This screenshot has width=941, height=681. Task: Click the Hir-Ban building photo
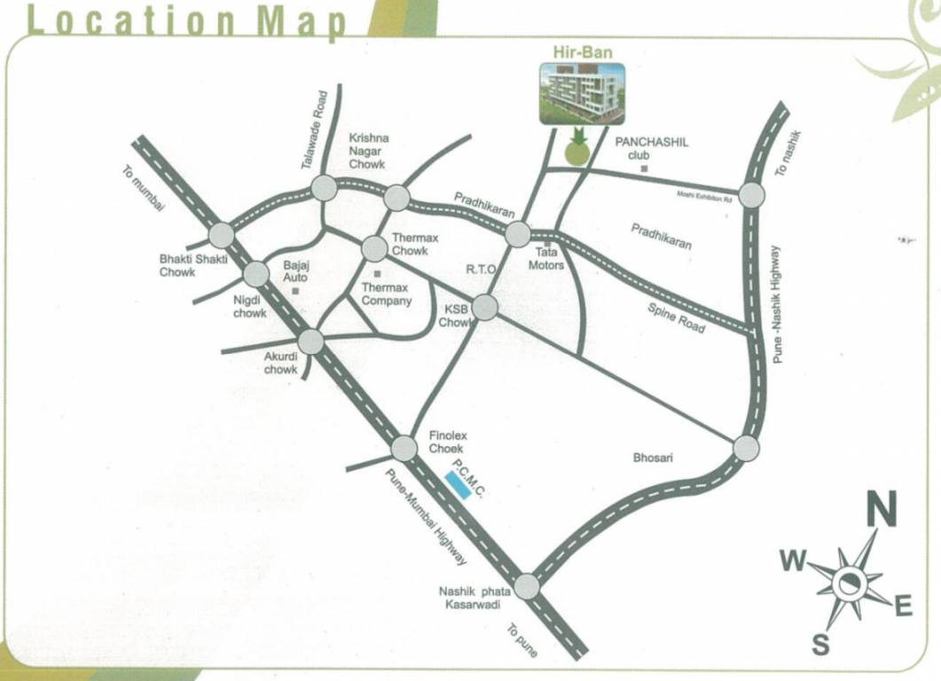(x=582, y=93)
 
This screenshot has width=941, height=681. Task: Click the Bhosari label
(x=654, y=458)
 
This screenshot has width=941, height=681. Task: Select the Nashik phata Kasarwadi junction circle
(x=527, y=586)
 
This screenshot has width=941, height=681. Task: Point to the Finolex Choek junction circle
(x=404, y=448)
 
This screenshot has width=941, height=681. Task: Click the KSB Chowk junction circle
(x=485, y=307)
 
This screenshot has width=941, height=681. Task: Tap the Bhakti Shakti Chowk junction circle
(x=221, y=235)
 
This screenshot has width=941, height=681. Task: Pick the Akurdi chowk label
(x=281, y=363)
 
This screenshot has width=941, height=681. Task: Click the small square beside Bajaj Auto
(x=295, y=290)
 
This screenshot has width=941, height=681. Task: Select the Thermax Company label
(x=387, y=294)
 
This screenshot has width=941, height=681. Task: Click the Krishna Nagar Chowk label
(x=367, y=152)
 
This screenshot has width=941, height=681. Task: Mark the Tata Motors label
(x=546, y=258)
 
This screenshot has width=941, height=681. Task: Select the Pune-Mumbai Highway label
(x=425, y=518)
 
